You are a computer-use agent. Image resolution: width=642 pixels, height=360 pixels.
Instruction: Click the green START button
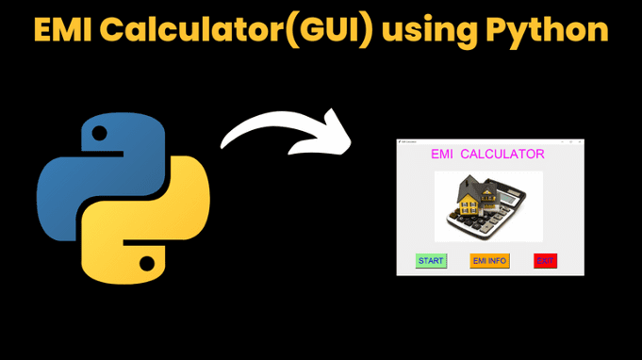[x=431, y=261]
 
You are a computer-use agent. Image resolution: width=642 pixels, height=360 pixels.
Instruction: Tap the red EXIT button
[x=545, y=261]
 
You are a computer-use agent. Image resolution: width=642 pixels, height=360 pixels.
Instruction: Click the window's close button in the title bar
[x=580, y=141]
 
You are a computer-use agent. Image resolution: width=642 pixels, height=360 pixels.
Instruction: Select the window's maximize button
[x=569, y=141]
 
